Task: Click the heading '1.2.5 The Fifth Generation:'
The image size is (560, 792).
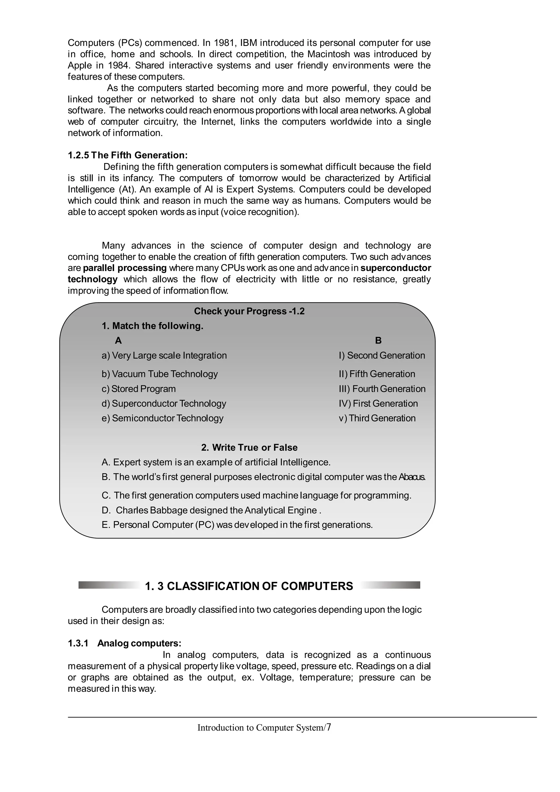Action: coord(127,155)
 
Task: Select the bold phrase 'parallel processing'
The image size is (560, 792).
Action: coord(125,268)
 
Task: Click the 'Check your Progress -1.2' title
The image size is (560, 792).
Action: coord(249,311)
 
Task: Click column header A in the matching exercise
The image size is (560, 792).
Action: coord(118,341)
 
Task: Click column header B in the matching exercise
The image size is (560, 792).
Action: coord(378,341)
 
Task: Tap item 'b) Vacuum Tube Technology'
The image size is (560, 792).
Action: coord(159,374)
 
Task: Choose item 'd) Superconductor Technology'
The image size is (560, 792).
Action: coord(164,403)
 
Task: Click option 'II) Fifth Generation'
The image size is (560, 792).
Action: coord(377,374)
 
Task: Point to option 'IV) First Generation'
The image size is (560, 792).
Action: coord(378,403)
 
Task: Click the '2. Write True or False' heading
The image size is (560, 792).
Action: coord(249,447)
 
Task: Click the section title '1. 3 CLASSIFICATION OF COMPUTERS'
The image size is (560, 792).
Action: coord(249,586)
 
